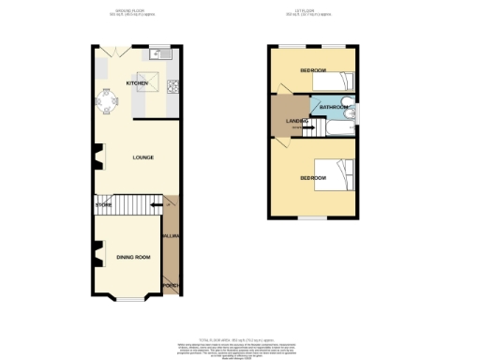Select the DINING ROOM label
(133, 256)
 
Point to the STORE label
(103, 204)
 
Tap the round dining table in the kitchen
(104, 105)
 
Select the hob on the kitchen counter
(172, 88)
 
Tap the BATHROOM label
(333, 108)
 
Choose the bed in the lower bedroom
(336, 175)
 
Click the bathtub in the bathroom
(332, 127)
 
